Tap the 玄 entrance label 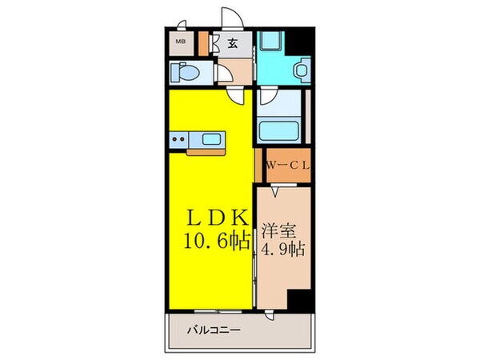pos(231,43)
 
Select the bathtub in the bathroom pos(278,130)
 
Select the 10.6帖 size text pos(210,239)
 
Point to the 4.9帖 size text pos(282,248)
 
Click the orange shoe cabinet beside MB pos(203,42)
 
